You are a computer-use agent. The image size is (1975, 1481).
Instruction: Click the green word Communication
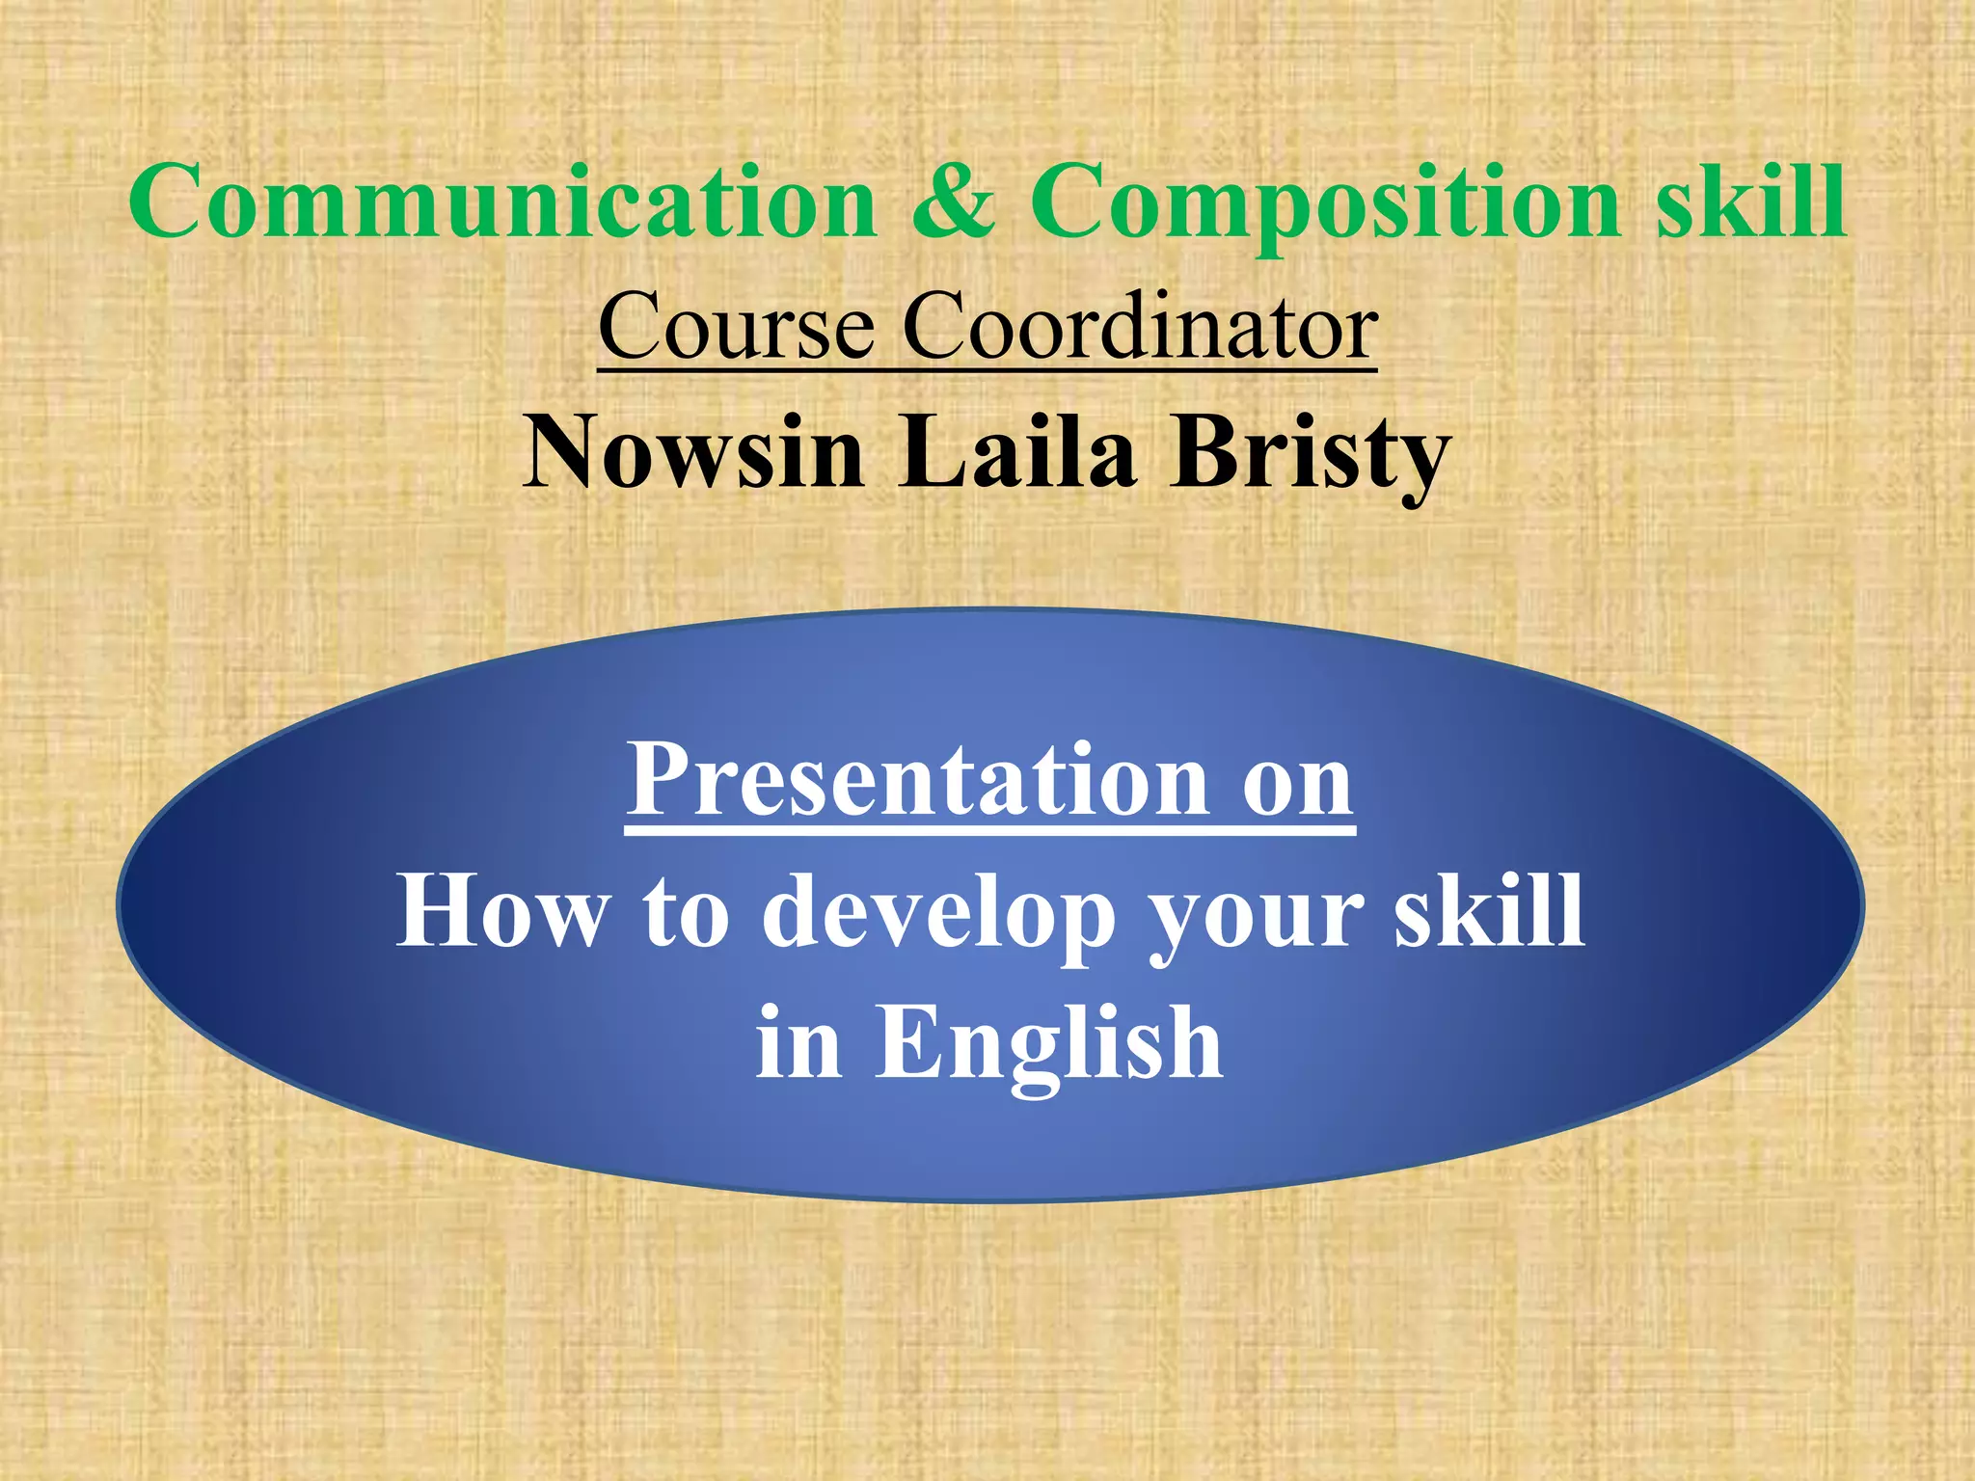501,202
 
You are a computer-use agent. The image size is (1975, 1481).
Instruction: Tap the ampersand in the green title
953,202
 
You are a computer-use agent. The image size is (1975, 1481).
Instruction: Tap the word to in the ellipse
686,911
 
